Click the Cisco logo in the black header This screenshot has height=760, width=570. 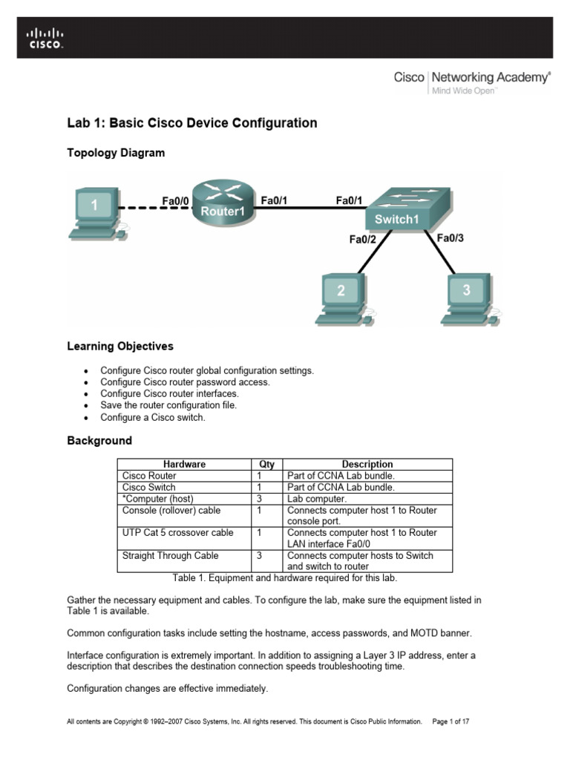point(45,38)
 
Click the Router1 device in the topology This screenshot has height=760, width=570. point(223,202)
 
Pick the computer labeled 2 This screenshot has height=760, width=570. point(341,299)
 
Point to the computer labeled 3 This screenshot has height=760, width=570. point(465,299)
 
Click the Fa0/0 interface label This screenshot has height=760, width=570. point(176,200)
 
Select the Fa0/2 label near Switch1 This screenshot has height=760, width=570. point(364,239)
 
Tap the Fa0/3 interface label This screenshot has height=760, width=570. point(450,238)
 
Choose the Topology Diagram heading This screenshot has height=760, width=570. point(116,153)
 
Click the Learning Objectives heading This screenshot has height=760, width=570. point(120,346)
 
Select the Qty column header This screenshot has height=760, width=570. point(267,465)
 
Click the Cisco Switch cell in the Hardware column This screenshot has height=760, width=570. point(149,488)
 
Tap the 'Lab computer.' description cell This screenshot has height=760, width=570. point(316,499)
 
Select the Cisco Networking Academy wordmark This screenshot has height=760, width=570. point(472,78)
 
